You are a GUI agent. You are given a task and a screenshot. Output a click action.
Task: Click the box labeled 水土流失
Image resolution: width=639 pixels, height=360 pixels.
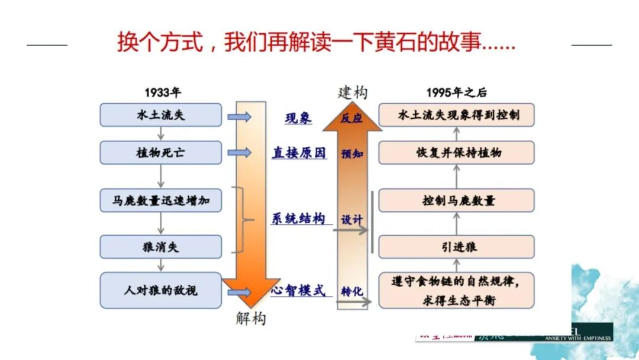(160, 115)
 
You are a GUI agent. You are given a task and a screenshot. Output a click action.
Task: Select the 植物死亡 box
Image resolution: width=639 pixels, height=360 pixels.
(160, 152)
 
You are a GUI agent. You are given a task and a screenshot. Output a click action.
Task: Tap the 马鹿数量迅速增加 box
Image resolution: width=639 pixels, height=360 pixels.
(160, 201)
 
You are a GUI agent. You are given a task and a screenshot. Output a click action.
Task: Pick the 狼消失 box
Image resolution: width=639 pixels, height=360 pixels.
(160, 247)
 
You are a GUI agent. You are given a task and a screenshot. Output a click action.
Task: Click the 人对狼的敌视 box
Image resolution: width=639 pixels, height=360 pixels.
(160, 290)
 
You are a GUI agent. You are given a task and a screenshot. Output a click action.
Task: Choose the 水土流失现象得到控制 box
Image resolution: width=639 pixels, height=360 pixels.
(456, 115)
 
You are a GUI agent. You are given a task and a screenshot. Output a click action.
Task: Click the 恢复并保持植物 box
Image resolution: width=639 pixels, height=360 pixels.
(456, 152)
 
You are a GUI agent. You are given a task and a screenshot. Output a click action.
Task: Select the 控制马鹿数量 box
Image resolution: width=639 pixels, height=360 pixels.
(456, 200)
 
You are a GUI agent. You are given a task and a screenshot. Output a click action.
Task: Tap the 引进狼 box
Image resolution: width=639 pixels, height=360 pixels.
(456, 247)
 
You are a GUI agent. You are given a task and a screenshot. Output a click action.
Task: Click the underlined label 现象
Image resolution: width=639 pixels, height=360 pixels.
(298, 118)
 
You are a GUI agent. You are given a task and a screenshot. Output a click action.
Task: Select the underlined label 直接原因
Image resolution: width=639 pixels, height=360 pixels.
(299, 153)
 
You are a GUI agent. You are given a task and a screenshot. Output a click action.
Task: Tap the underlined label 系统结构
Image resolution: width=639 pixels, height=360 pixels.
(298, 218)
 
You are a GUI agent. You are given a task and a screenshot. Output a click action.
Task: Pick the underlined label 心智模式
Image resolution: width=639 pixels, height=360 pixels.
(298, 291)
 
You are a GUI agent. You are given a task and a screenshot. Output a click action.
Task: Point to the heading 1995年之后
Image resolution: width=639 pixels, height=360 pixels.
(456, 92)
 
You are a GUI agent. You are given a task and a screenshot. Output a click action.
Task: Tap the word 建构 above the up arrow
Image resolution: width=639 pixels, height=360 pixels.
(352, 92)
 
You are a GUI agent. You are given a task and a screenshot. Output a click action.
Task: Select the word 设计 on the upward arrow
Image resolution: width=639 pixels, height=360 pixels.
(351, 219)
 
